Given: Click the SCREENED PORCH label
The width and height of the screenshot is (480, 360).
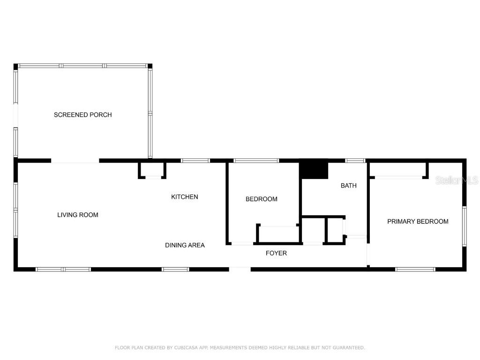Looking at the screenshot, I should pyautogui.click(x=82, y=115).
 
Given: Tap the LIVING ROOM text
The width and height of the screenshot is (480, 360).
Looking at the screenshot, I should pyautogui.click(x=78, y=215).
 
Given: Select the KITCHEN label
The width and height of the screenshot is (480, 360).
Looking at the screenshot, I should pyautogui.click(x=184, y=197).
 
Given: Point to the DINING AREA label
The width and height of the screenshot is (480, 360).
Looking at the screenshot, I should pyautogui.click(x=185, y=245).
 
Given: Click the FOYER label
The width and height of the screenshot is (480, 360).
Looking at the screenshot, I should pyautogui.click(x=276, y=253).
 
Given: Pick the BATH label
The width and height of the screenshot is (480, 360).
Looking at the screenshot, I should pyautogui.click(x=348, y=186).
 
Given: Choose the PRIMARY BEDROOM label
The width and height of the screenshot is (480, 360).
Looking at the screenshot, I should pyautogui.click(x=418, y=222).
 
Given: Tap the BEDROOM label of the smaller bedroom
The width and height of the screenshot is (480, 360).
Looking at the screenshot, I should pyautogui.click(x=262, y=199).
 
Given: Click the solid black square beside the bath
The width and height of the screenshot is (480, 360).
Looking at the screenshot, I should pyautogui.click(x=314, y=169).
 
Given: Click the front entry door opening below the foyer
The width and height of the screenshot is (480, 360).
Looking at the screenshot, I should pyautogui.click(x=240, y=269).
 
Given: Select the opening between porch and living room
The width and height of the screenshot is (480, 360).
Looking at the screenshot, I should pyautogui.click(x=75, y=161).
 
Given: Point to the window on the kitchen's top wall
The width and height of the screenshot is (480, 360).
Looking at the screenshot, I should pyautogui.click(x=195, y=161).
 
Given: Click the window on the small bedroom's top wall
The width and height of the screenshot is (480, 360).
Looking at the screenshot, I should pyautogui.click(x=256, y=161).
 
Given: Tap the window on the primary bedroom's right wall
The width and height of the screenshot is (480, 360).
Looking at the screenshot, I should pyautogui.click(x=465, y=226).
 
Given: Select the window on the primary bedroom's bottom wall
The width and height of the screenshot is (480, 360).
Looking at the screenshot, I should pyautogui.click(x=415, y=269).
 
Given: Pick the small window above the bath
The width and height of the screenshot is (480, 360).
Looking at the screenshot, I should pyautogui.click(x=355, y=161).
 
